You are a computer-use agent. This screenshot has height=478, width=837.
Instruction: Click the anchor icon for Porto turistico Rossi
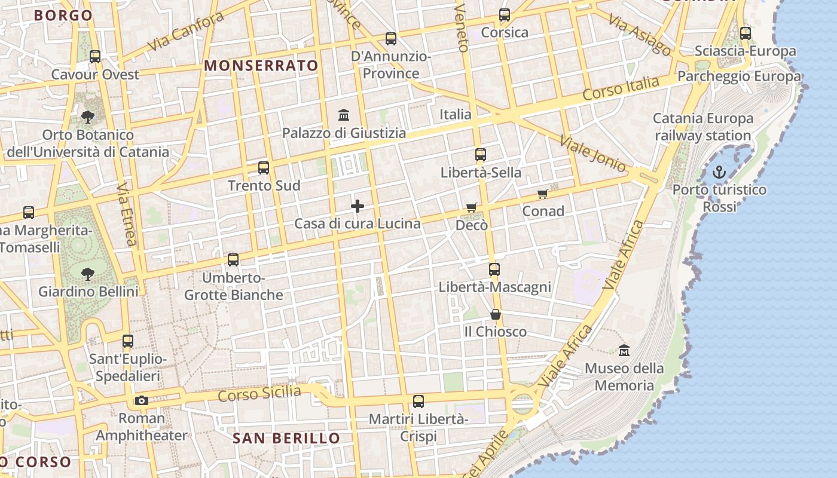[719, 173]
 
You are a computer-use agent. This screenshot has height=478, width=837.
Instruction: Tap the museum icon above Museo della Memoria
[624, 351]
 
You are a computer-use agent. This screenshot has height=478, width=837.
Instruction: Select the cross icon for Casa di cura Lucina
[358, 206]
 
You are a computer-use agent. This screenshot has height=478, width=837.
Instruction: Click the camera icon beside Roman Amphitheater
[142, 400]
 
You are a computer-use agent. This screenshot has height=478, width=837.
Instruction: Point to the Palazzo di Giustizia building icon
[344, 115]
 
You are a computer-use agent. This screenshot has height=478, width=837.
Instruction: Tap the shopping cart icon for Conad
[543, 194]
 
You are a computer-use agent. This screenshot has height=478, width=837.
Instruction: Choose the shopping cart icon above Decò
[472, 208]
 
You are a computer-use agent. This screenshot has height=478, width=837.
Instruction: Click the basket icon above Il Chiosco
[495, 314]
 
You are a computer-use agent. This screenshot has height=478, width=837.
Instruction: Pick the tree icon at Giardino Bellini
[88, 274]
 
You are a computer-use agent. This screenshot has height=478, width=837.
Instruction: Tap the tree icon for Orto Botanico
[88, 117]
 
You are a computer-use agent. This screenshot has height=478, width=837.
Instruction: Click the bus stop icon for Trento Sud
[264, 168]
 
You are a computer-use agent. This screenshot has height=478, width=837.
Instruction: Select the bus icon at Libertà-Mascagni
[494, 269]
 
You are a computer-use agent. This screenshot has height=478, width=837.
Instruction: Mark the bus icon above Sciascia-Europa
[745, 33]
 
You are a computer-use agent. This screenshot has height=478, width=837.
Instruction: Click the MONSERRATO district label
[261, 66]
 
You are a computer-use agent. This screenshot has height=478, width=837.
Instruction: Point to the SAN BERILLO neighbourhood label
[286, 439]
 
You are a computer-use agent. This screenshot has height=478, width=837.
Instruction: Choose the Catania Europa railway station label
[702, 127]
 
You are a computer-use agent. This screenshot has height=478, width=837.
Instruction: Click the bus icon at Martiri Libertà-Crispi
[418, 402]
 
